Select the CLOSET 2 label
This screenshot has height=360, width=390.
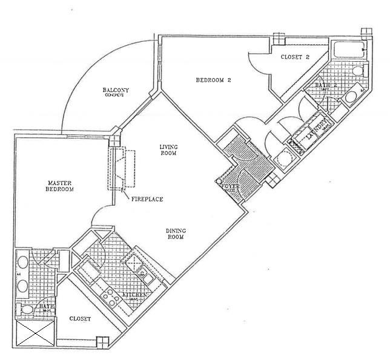pyautogui.click(x=295, y=57)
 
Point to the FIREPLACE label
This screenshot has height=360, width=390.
pyautogui.click(x=147, y=198)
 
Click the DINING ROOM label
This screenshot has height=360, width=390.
pyautogui.click(x=176, y=234)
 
